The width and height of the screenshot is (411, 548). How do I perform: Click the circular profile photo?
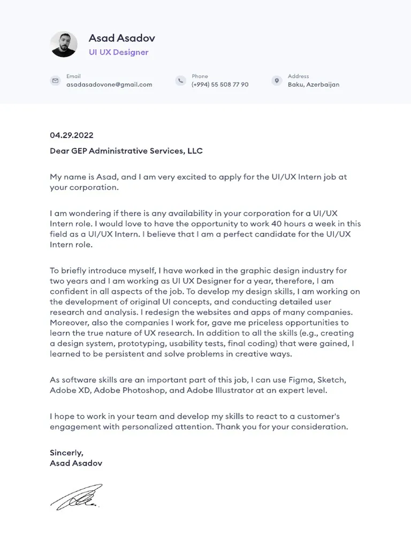point(64,44)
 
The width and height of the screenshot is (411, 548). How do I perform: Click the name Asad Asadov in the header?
point(121,38)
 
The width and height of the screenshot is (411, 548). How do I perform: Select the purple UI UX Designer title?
point(118,52)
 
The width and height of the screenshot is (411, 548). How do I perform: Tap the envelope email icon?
point(55,81)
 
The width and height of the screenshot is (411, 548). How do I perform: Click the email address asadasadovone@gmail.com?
point(109,85)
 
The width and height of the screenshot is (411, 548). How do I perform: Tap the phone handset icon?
point(180,81)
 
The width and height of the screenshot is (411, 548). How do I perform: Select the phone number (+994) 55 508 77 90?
point(220,85)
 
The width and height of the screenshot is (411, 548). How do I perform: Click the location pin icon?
point(277,81)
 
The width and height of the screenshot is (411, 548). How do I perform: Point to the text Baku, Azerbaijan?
point(314,85)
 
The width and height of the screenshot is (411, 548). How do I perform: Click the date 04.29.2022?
point(72,135)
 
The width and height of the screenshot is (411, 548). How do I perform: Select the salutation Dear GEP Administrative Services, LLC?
point(126,151)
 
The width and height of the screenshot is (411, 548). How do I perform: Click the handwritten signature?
point(76,497)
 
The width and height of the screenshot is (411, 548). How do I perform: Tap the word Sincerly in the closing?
point(66,453)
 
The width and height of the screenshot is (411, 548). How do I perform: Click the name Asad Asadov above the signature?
point(76,463)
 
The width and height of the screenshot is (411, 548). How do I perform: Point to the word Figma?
point(300,380)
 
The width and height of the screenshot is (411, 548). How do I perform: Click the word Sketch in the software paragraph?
point(332,380)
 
